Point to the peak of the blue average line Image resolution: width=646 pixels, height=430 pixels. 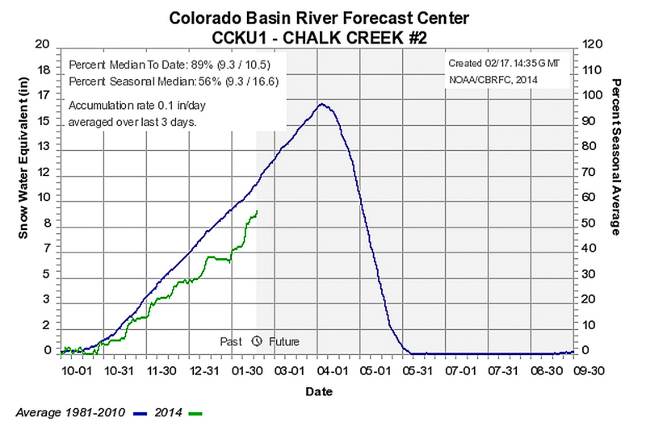click(321, 104)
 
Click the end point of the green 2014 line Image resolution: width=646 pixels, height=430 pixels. click(257, 211)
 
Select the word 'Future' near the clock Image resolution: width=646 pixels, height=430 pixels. click(284, 342)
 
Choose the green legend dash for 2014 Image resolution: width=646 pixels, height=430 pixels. click(194, 412)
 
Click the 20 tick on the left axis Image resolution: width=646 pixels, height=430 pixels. click(44, 45)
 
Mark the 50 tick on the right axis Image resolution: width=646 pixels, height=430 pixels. click(589, 223)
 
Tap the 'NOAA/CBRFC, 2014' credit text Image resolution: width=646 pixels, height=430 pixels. click(488, 80)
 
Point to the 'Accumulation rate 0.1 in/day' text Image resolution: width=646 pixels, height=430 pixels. click(136, 106)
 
